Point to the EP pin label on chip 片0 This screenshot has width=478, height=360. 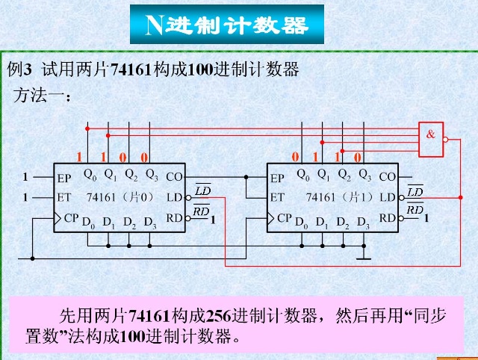64,179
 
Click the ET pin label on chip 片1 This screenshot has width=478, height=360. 277,198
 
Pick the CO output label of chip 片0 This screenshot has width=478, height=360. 174,178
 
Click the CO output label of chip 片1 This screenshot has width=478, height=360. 388,178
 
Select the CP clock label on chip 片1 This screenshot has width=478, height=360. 285,218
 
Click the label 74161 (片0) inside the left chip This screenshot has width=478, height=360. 119,198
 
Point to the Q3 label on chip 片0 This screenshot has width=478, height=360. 152,176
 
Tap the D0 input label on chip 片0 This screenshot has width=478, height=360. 88,223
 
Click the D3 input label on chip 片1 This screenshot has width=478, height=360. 363,223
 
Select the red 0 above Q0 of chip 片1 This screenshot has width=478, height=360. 296,157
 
